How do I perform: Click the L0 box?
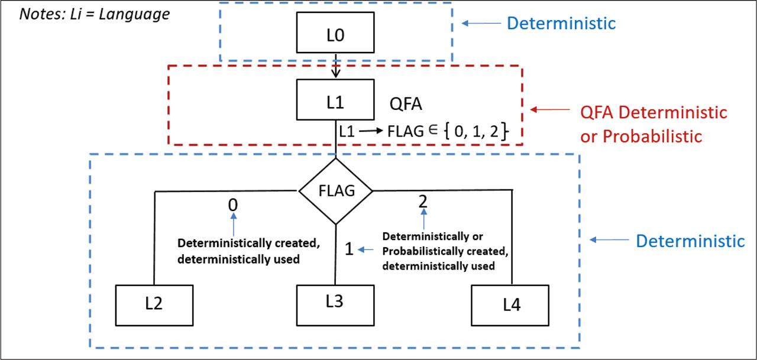[x=335, y=35]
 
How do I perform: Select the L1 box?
[x=335, y=102]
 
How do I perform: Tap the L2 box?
[x=154, y=304]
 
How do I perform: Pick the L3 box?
[x=335, y=302]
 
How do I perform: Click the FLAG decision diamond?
[x=335, y=191]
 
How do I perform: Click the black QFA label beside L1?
[x=406, y=104]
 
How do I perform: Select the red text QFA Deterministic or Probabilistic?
[x=653, y=124]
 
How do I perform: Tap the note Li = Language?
[x=95, y=14]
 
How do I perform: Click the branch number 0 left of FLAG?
[x=234, y=205]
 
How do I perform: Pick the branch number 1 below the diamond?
[x=349, y=250]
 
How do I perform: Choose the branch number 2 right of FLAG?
[x=423, y=201]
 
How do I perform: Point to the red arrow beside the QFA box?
[x=549, y=110]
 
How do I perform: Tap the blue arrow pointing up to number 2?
[x=423, y=220]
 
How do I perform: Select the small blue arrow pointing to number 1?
[x=366, y=250]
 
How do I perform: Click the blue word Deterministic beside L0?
[x=561, y=24]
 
